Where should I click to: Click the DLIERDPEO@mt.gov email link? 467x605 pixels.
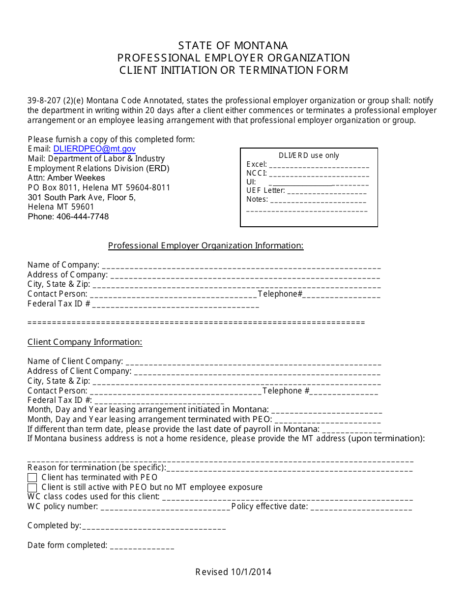pos(94,149)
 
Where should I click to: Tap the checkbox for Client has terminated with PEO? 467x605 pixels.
pos(32,478)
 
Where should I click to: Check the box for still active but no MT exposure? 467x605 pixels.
pos(32,487)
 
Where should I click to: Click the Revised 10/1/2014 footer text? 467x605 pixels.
pos(233,572)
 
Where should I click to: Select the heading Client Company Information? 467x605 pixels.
pos(85,342)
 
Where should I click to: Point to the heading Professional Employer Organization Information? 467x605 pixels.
pos(205,245)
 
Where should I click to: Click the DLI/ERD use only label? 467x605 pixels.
pos(309,155)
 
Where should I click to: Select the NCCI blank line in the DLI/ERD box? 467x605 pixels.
pos(319,174)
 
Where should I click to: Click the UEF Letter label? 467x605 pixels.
pos(265,190)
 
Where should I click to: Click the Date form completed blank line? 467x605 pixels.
pos(142,547)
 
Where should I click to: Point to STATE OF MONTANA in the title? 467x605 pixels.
pos(233,45)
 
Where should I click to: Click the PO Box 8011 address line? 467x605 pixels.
pos(99,187)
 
